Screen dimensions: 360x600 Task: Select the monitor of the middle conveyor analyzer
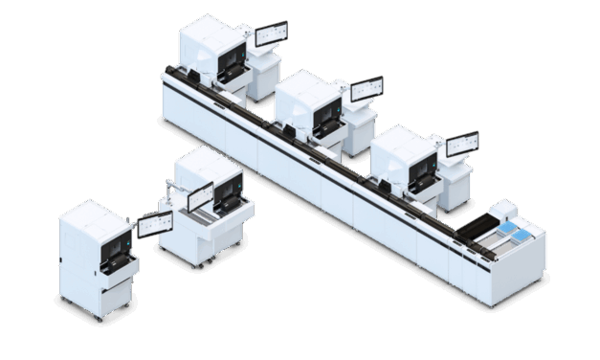tap(367, 89)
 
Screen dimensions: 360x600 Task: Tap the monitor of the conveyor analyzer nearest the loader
tap(462, 144)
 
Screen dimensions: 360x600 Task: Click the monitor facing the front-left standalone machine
tap(153, 225)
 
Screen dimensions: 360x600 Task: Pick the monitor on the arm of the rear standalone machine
tap(200, 196)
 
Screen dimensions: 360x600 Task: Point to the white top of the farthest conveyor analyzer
tap(211, 29)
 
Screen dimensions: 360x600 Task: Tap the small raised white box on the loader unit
tap(504, 208)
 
